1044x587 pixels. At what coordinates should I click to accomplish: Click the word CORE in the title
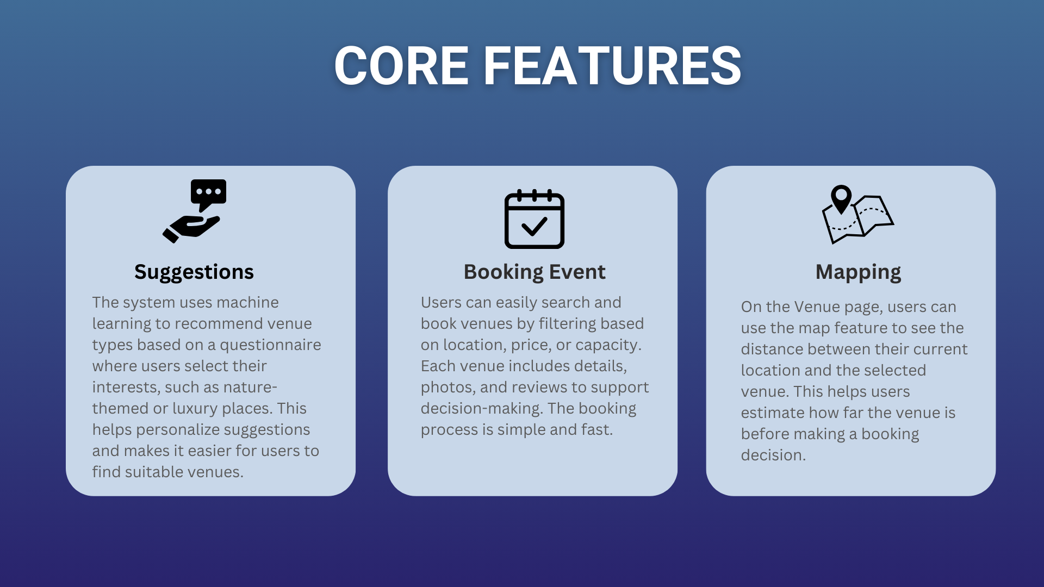click(401, 66)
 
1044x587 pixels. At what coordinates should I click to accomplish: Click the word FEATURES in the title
click(612, 66)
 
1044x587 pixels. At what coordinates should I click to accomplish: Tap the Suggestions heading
click(194, 272)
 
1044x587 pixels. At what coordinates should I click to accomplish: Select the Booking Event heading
click(535, 272)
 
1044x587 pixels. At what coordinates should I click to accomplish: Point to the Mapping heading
click(858, 272)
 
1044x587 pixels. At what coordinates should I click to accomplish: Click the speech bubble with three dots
click(208, 194)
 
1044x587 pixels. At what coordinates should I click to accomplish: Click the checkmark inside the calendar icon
click(534, 226)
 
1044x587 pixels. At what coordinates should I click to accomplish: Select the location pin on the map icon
click(841, 198)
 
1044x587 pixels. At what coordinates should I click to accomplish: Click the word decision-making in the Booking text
click(482, 409)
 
